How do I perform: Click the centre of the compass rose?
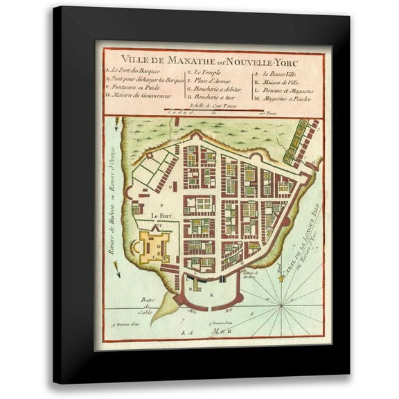coord(283,303)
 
